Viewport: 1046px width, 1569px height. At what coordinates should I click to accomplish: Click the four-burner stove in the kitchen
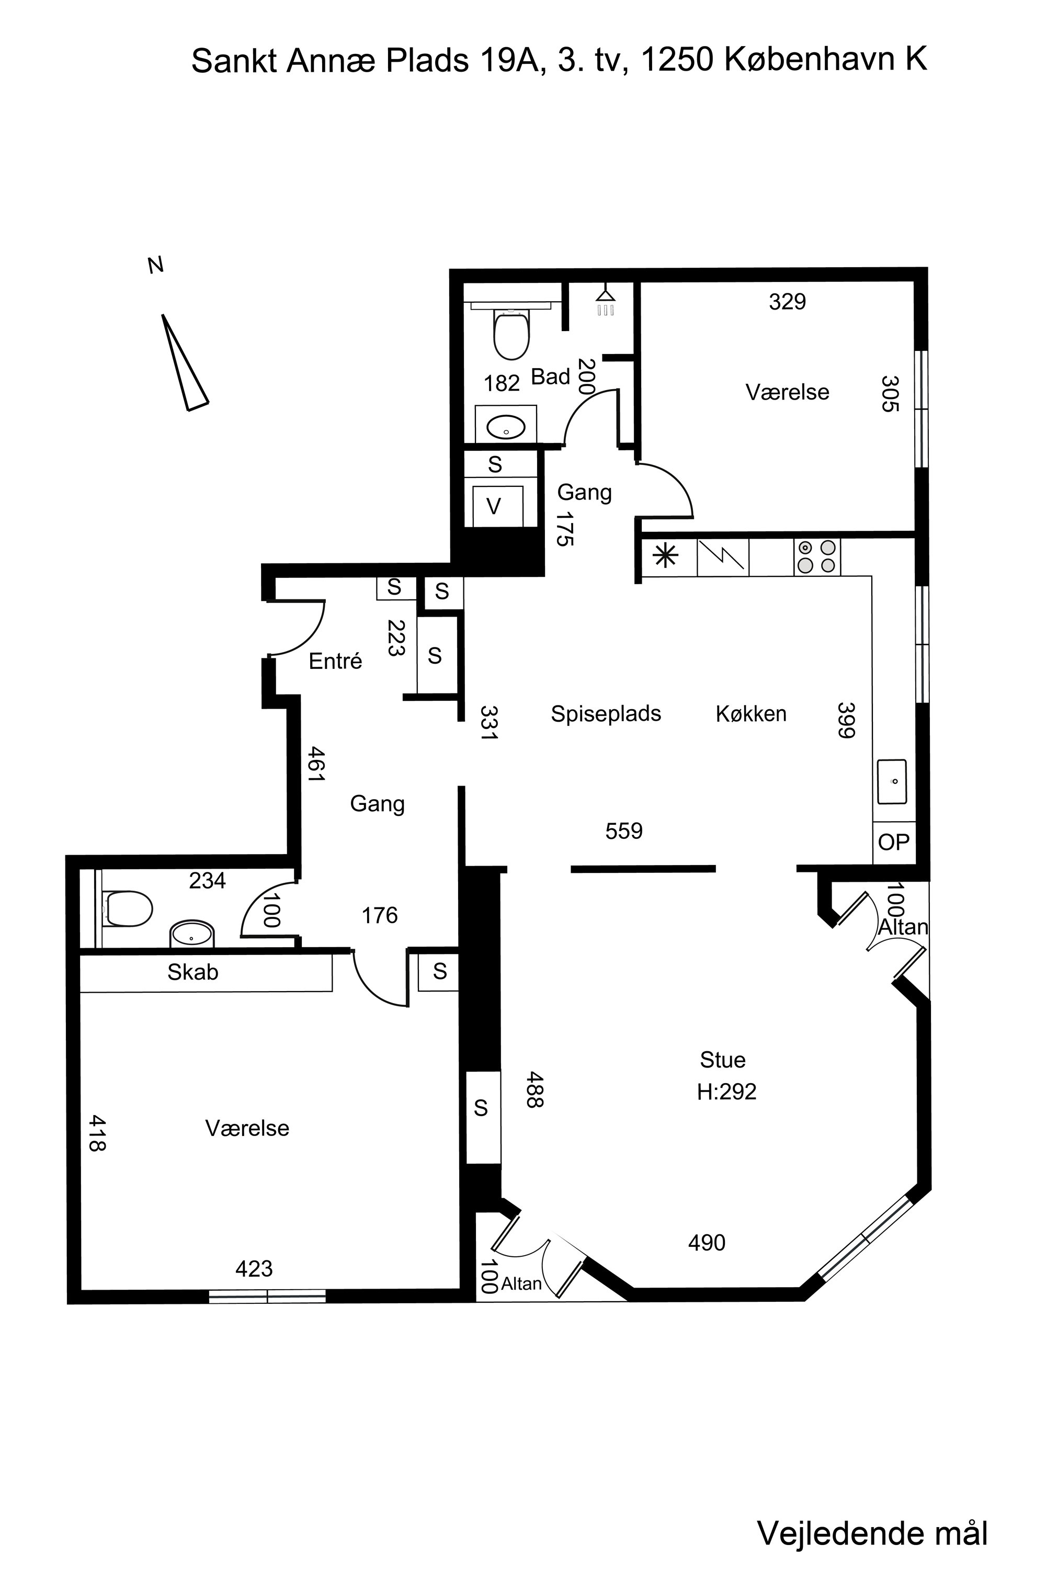click(x=816, y=556)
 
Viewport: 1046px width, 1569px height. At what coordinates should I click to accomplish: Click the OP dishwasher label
click(x=893, y=842)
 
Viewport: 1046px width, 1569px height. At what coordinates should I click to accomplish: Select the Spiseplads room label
click(x=606, y=714)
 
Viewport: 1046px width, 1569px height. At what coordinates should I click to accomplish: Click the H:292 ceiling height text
click(x=726, y=1092)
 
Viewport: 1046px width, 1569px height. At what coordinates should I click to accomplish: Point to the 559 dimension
click(x=624, y=831)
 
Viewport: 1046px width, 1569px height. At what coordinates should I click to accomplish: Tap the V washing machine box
click(x=496, y=506)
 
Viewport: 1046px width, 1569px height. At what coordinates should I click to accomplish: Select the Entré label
click(x=336, y=661)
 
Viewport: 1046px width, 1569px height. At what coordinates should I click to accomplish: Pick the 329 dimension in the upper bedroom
click(x=787, y=302)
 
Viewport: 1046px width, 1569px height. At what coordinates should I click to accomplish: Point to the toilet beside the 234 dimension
click(x=128, y=908)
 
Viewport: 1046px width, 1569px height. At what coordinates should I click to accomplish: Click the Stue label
click(x=722, y=1060)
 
